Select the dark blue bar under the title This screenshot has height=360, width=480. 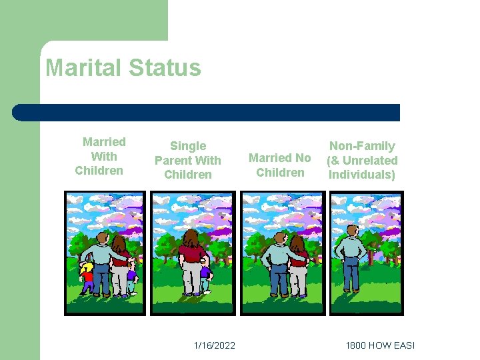point(207,112)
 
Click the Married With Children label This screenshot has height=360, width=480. point(101,156)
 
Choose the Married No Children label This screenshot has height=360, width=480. point(280,165)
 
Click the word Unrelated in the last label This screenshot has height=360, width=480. point(370,161)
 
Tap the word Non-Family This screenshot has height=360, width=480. point(362,146)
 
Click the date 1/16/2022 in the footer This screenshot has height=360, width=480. point(214,345)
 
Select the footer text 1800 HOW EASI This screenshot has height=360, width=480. point(380,345)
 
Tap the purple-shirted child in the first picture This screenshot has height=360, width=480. point(131,277)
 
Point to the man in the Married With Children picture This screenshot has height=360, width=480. point(101,263)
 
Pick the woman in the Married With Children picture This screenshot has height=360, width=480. point(120,263)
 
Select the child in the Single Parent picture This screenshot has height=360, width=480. point(206,277)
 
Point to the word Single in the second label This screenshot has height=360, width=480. point(188,146)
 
